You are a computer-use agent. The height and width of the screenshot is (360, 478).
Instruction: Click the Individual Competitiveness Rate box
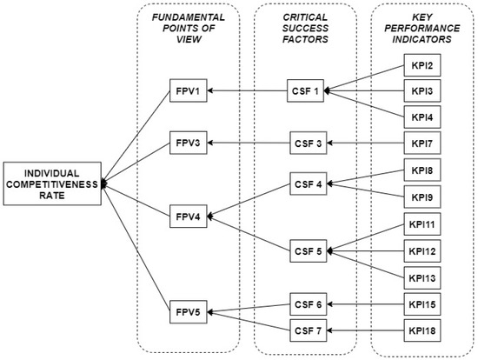pos(51,183)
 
